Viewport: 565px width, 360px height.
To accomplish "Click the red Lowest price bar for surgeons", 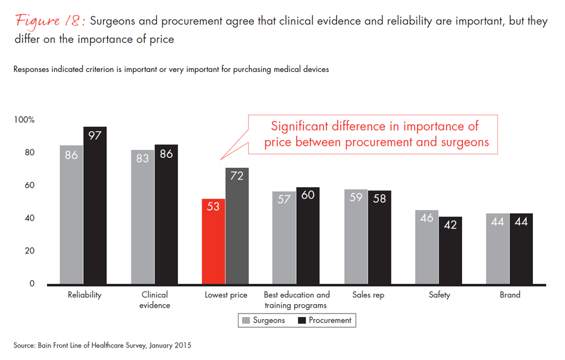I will click(214, 241).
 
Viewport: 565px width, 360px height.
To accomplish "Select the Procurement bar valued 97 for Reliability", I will click(95, 205).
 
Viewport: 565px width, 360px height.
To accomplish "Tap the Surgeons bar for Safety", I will click(426, 246).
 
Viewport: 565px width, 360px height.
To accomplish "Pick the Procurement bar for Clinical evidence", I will click(166, 214).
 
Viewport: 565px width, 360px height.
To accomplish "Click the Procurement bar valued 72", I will click(237, 226).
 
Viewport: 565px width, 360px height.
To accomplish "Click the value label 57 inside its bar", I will click(284, 199).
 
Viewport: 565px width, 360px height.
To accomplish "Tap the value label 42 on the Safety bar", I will click(450, 226).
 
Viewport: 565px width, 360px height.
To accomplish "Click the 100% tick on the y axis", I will click(24, 120).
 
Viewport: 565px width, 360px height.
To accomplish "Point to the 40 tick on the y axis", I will click(29, 218).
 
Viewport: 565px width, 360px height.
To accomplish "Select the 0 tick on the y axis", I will click(32, 284).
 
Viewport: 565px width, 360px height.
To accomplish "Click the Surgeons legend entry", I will click(263, 320).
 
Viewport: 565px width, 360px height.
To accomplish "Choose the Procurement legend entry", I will click(325, 320).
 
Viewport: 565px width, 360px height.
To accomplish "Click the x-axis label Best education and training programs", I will click(296, 300).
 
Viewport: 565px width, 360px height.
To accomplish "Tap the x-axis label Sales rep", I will click(368, 295).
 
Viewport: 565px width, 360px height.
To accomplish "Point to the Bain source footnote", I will click(102, 345).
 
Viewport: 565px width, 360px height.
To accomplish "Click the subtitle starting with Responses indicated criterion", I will click(171, 69).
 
